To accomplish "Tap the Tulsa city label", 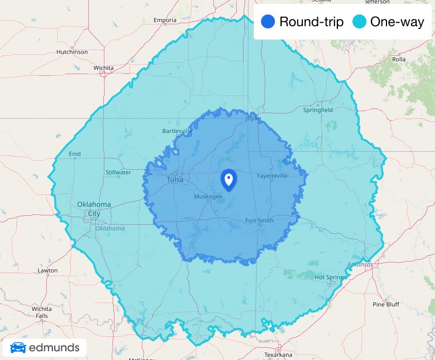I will tap(175, 179).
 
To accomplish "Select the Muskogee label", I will tap(208, 197).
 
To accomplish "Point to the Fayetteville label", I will tap(272, 176).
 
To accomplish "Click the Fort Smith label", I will tap(259, 221).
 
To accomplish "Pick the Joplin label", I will tap(253, 118).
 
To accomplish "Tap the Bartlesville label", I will tap(176, 131).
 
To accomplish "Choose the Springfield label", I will tap(317, 110).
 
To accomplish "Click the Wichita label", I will tap(104, 68).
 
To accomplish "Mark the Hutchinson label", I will tap(72, 52).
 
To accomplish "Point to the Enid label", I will tap(75, 154).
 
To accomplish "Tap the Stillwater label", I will tap(118, 172).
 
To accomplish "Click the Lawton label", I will tap(47, 271).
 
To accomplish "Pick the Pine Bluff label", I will tap(386, 304).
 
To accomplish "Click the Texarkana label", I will tap(278, 354).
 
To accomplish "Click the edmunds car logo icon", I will tap(18, 348).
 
